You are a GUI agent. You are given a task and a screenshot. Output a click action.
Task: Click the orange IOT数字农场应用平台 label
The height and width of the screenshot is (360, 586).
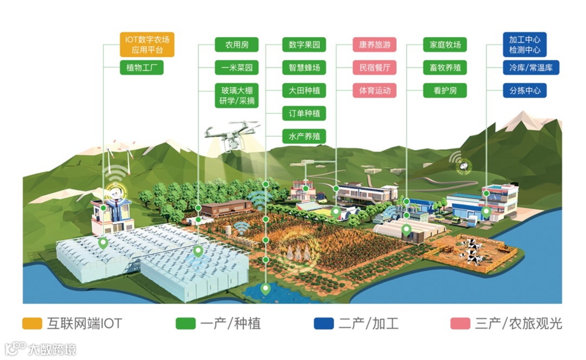(x=146, y=45)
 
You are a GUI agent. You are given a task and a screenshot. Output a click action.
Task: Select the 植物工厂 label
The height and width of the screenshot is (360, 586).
(x=141, y=68)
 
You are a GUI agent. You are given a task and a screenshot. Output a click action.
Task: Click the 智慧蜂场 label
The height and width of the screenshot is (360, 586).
(x=304, y=68)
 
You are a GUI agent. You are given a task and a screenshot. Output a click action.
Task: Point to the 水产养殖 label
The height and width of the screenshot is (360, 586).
(x=304, y=136)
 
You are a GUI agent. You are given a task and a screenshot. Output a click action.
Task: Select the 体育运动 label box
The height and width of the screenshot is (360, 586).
(x=374, y=91)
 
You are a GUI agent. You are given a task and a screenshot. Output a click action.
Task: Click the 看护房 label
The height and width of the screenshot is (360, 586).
(x=445, y=91)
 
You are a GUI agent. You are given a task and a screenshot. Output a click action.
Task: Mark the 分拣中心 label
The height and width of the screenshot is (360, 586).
(x=525, y=91)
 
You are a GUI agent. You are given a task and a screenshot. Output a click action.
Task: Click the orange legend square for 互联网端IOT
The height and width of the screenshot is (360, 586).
(x=32, y=324)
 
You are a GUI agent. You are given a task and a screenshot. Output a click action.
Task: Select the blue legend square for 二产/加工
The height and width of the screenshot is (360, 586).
(x=323, y=324)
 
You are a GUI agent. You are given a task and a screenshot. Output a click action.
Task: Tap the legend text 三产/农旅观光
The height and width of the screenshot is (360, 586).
(x=518, y=324)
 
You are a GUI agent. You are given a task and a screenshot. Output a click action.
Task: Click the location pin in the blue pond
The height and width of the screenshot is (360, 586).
(x=265, y=288)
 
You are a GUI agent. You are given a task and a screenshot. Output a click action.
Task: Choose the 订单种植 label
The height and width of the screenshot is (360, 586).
(x=304, y=113)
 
